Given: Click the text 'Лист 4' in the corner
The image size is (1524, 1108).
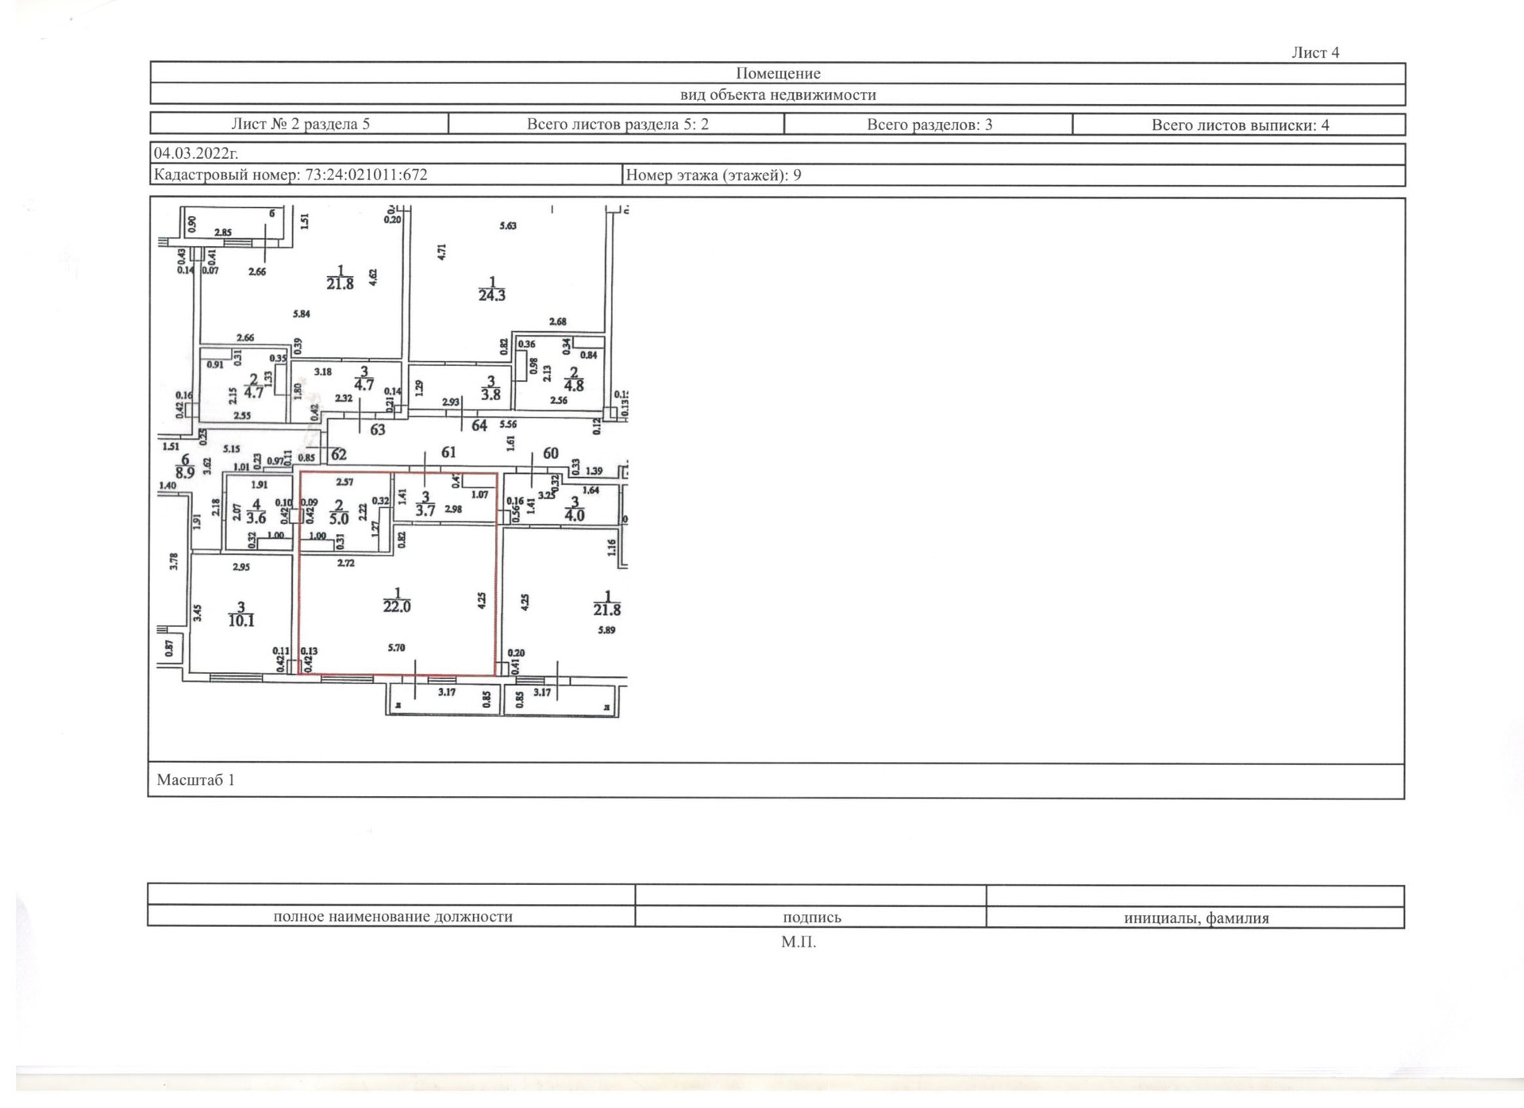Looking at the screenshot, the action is pyautogui.click(x=1314, y=52).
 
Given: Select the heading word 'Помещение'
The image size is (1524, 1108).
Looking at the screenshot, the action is pyautogui.click(x=777, y=73).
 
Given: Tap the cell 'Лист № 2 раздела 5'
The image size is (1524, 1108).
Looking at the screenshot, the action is pyautogui.click(x=300, y=124).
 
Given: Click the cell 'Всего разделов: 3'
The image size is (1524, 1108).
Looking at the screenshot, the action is pyautogui.click(x=929, y=125).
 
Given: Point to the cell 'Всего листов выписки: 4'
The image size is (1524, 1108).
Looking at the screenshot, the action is pyautogui.click(x=1240, y=125).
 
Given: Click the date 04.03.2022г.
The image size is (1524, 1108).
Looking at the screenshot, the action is pyautogui.click(x=195, y=153).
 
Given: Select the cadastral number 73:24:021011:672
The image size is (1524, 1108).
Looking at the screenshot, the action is pyautogui.click(x=291, y=175).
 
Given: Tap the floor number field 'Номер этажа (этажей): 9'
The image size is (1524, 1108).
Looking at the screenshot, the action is pyautogui.click(x=713, y=175).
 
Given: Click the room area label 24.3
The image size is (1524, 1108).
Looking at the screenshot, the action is pyautogui.click(x=491, y=294).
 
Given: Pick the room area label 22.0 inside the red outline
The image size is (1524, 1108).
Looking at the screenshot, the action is pyautogui.click(x=397, y=606).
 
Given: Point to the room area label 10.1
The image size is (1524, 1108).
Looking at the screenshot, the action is pyautogui.click(x=241, y=620).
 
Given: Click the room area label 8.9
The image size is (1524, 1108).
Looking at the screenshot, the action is pyautogui.click(x=185, y=472).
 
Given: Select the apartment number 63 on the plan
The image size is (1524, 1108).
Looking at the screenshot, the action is pyautogui.click(x=378, y=429).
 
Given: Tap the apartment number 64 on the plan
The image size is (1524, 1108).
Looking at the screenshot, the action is pyautogui.click(x=479, y=425).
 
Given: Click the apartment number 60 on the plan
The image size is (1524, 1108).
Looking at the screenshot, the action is pyautogui.click(x=550, y=453).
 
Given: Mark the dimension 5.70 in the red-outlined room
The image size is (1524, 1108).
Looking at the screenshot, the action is pyautogui.click(x=396, y=648).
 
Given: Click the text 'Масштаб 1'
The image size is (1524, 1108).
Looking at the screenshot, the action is pyautogui.click(x=195, y=779).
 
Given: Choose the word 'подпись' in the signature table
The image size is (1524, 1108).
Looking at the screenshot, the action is pyautogui.click(x=811, y=918).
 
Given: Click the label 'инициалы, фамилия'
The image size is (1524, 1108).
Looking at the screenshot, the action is pyautogui.click(x=1195, y=918).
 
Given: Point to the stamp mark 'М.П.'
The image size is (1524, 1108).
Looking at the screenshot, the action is pyautogui.click(x=798, y=942).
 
